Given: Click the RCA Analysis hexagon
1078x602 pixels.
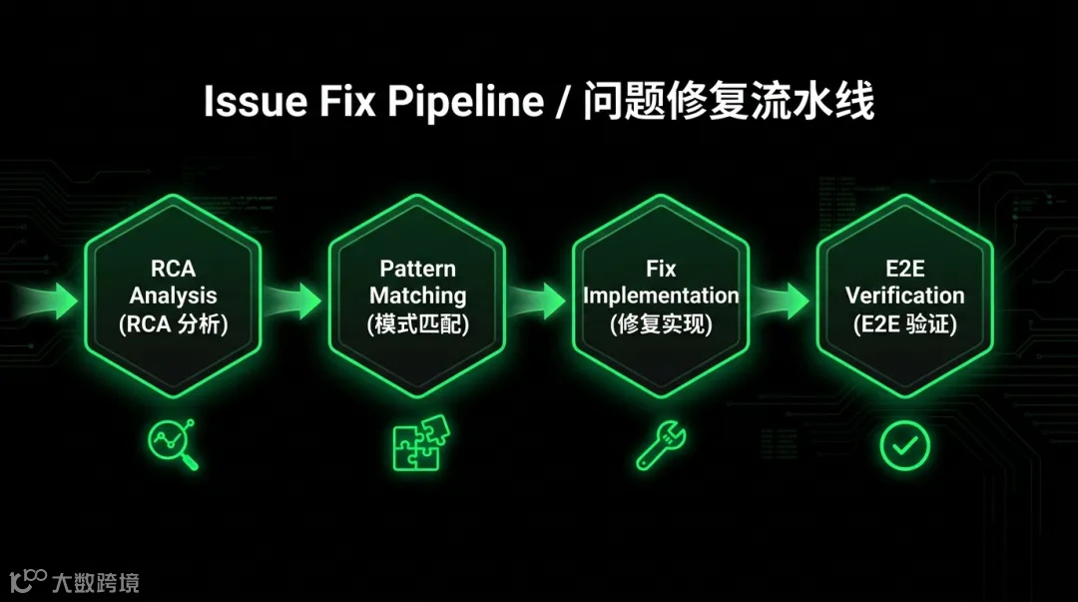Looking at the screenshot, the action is tap(173, 296).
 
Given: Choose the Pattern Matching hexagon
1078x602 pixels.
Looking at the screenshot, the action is tap(417, 296).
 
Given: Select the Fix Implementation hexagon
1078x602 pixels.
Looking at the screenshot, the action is tap(661, 296).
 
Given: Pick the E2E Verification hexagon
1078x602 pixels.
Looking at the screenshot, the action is tap(904, 296).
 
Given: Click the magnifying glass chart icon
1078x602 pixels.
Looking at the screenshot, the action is tap(173, 444).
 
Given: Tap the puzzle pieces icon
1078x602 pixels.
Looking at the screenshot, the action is tap(417, 443).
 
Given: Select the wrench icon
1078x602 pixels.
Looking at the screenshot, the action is tap(661, 444).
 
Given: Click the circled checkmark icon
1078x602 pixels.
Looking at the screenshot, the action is tap(904, 444).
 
